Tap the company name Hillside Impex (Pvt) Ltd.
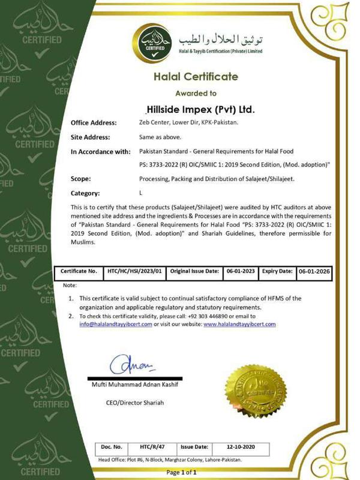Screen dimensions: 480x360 [200, 110]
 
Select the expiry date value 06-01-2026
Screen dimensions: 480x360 [316, 271]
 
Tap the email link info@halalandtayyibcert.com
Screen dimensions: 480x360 [116, 324]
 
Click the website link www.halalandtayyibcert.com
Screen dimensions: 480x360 [240, 324]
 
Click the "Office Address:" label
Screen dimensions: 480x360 [94, 123]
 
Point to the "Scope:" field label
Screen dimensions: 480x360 [81, 179]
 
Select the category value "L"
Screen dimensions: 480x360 [140, 193]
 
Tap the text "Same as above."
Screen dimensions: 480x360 [156, 137]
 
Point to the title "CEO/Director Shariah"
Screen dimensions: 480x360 [134, 402]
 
